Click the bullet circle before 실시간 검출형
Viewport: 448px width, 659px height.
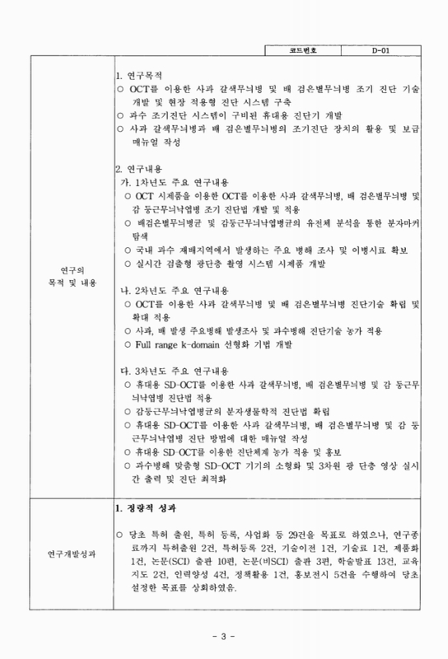[x=128, y=263]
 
